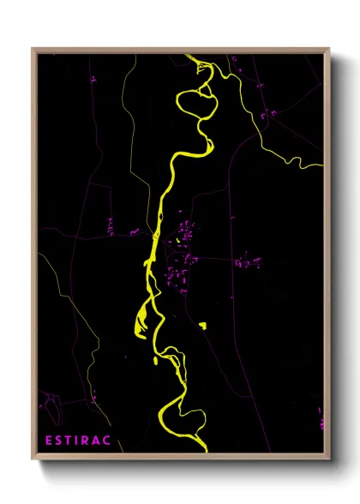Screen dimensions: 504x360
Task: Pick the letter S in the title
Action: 59,440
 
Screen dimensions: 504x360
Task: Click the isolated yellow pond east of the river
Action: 203,325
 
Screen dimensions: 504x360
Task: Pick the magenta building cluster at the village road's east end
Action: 248,260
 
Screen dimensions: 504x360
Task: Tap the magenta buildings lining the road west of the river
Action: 111,227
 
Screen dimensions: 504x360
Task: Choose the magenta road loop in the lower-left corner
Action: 47,399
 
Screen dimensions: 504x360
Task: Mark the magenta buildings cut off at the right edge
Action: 322,420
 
